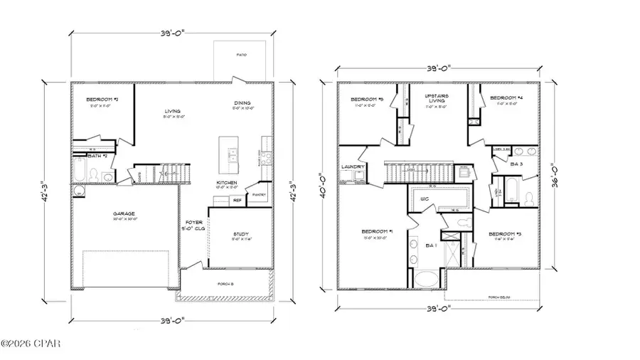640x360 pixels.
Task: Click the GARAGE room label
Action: [x=124, y=213]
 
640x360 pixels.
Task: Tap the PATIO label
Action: [x=242, y=54]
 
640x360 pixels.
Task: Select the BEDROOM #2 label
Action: [x=102, y=100]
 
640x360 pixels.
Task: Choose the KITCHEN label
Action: [x=227, y=184]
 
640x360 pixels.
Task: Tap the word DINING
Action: [x=241, y=103]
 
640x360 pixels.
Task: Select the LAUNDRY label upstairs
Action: [x=353, y=167]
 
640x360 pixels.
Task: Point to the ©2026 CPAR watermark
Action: [x=31, y=344]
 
